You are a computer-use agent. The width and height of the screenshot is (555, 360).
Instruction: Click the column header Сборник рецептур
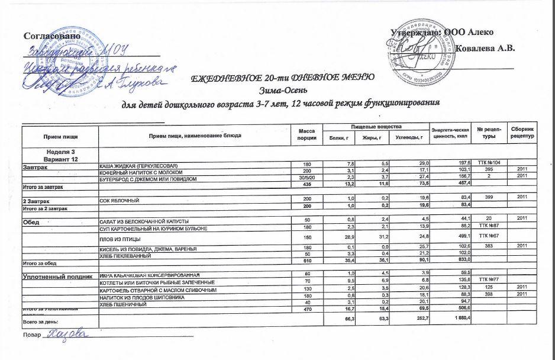pos(523,132)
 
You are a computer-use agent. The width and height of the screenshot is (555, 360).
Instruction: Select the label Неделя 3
pos(60,152)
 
